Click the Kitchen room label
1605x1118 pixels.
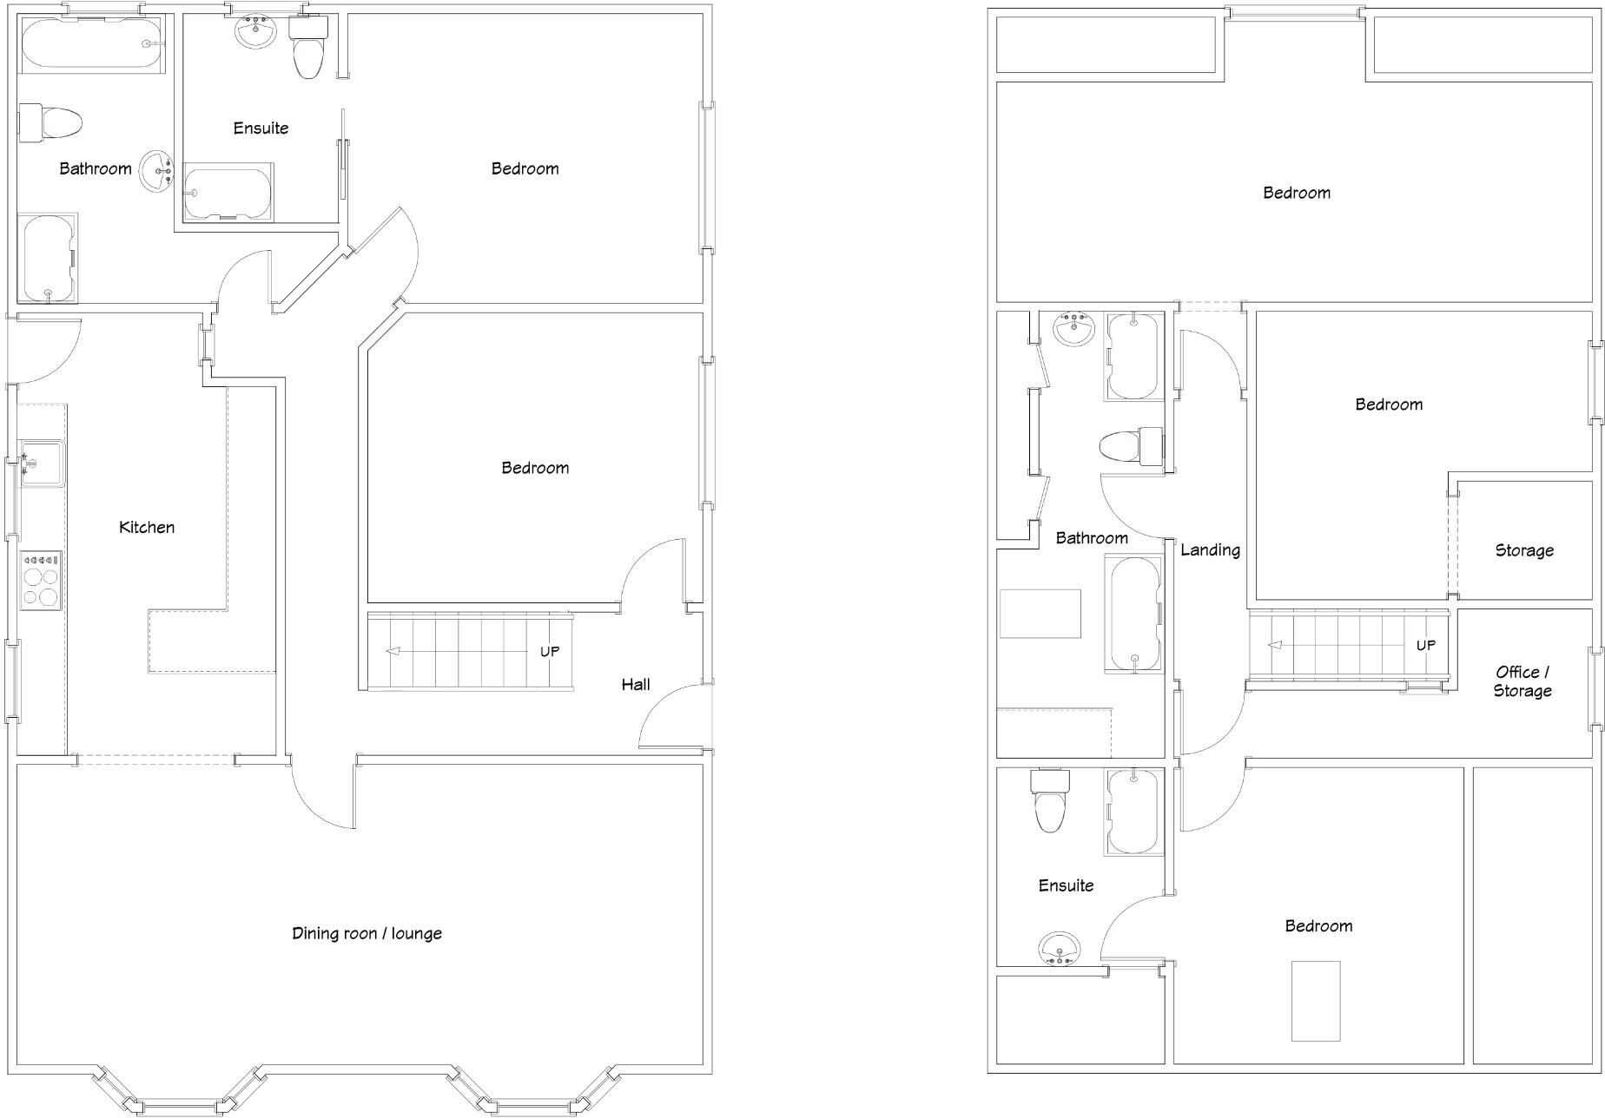click(147, 527)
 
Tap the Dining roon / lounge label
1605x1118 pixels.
click(367, 933)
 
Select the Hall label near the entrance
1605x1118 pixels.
click(635, 684)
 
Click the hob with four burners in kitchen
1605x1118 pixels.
click(41, 580)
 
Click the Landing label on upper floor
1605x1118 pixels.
click(1210, 549)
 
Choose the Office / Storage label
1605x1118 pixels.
click(1522, 681)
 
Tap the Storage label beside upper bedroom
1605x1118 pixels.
click(1524, 550)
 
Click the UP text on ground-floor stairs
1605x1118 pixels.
click(550, 651)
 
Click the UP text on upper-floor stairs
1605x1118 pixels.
click(1426, 645)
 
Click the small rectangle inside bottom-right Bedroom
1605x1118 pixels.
click(1316, 1001)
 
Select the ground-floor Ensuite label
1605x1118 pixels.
click(261, 128)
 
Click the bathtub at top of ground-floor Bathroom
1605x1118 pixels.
click(90, 43)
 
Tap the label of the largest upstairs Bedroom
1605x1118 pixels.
click(1296, 193)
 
